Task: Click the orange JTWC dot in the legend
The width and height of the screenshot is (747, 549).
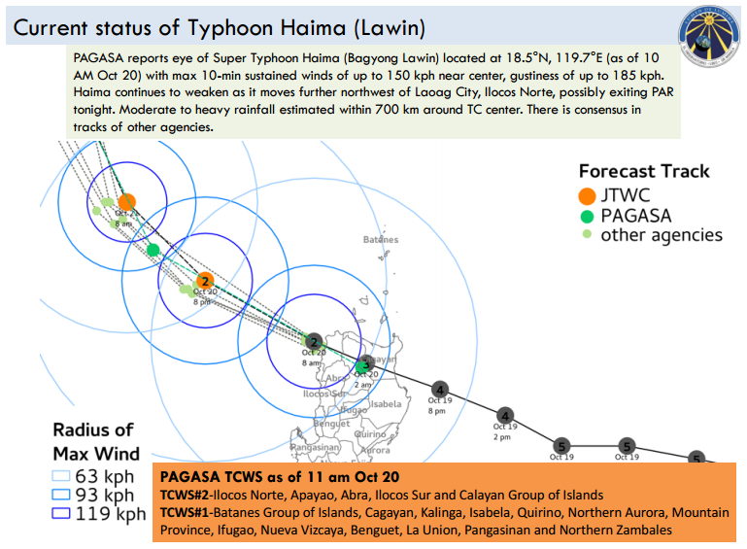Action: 586,195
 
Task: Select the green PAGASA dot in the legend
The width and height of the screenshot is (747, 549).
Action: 586,216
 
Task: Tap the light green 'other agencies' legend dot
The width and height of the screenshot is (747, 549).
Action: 586,236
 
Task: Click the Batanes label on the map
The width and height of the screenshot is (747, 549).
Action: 380,239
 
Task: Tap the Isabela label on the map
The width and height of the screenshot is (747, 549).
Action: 386,403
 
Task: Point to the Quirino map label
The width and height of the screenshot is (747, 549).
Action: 371,435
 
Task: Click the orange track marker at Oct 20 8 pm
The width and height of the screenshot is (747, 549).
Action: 204,282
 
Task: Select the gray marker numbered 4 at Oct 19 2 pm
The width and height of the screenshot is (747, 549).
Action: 505,415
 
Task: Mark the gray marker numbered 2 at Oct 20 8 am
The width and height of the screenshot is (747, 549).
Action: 314,341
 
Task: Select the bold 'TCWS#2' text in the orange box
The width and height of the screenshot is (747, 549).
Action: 186,495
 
